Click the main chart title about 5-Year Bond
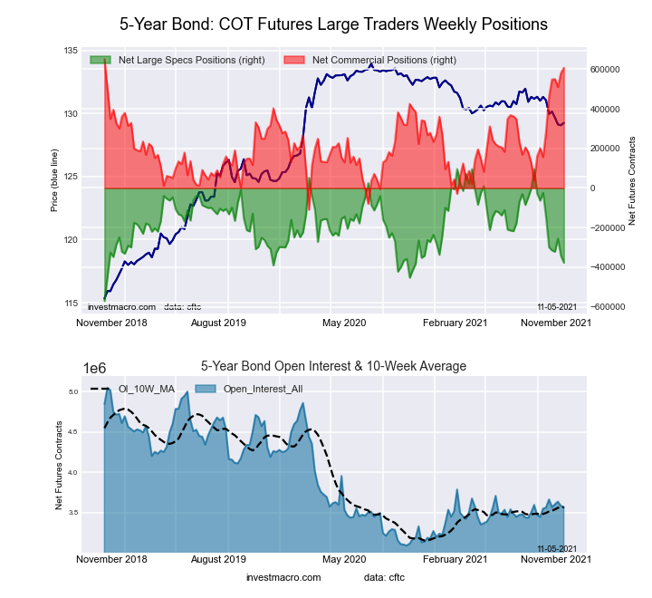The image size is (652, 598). tap(334, 24)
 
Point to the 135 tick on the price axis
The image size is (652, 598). tap(70, 51)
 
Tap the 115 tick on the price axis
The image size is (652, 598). tap(70, 303)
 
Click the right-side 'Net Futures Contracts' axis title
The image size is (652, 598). tap(631, 181)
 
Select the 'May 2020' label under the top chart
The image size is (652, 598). tap(344, 322)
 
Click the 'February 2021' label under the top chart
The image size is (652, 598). tap(459, 322)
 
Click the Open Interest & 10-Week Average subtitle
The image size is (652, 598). tap(333, 366)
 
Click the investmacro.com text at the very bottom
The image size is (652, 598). tap(283, 577)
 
